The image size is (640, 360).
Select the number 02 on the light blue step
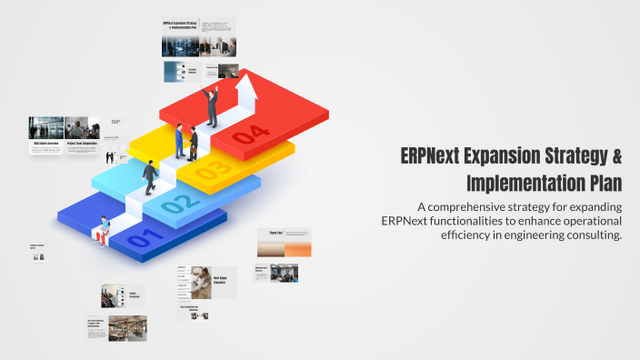[x=177, y=204]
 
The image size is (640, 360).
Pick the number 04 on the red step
[x=250, y=136]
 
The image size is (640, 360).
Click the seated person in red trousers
[x=105, y=230]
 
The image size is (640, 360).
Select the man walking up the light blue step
[x=150, y=175]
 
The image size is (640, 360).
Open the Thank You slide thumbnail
[x=284, y=243]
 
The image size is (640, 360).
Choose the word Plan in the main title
[x=604, y=183]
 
